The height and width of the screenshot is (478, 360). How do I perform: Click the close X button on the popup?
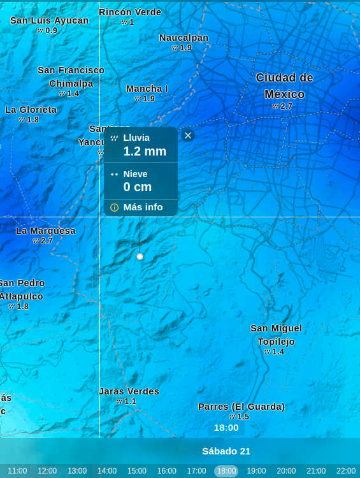pyautogui.click(x=187, y=135)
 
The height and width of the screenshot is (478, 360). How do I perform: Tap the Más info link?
pyautogui.click(x=143, y=207)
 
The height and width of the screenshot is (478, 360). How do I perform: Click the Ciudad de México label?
pyautogui.click(x=284, y=86)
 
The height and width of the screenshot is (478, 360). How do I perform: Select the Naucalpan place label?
pyautogui.click(x=184, y=38)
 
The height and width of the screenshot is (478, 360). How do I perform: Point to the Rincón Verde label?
pyautogui.click(x=130, y=12)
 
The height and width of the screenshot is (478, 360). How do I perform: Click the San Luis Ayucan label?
pyautogui.click(x=50, y=20)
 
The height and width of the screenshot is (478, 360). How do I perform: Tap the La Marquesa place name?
pyautogui.click(x=46, y=231)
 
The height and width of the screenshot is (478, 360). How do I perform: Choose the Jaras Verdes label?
pyautogui.click(x=129, y=391)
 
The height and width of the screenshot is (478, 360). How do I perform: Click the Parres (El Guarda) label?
pyautogui.click(x=241, y=407)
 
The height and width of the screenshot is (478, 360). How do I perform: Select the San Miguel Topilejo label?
pyautogui.click(x=276, y=335)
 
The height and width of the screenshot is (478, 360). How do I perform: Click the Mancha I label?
pyautogui.click(x=147, y=89)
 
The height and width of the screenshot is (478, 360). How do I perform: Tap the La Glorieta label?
pyautogui.click(x=31, y=110)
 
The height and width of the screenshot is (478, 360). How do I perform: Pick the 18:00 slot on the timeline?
pyautogui.click(x=226, y=471)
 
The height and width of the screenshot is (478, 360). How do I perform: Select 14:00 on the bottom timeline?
pyautogui.click(x=107, y=471)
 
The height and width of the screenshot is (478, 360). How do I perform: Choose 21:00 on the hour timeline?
pyautogui.click(x=316, y=471)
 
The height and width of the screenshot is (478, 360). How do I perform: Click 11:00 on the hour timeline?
pyautogui.click(x=17, y=471)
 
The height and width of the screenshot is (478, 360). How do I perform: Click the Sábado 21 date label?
pyautogui.click(x=226, y=451)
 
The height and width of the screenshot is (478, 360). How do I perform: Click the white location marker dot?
pyautogui.click(x=140, y=256)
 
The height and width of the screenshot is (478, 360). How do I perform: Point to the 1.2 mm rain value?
pyautogui.click(x=145, y=151)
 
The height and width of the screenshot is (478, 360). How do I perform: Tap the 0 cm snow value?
pyautogui.click(x=138, y=187)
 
